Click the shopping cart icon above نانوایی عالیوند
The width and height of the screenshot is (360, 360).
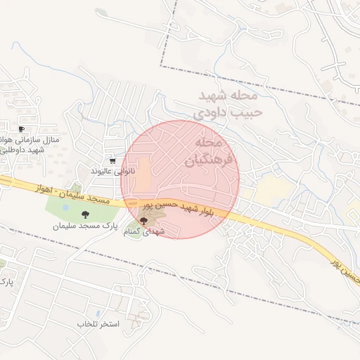tap(112, 161)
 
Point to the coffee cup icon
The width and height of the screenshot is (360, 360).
tap(21, 129)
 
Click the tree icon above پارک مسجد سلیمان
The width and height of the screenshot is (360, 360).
tap(86, 215)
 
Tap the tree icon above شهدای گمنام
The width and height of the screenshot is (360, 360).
tap(144, 221)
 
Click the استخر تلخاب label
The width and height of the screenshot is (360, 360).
tap(99, 324)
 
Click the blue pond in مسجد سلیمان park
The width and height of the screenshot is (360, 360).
tap(65, 207)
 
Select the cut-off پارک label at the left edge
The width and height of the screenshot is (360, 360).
tap(6, 283)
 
